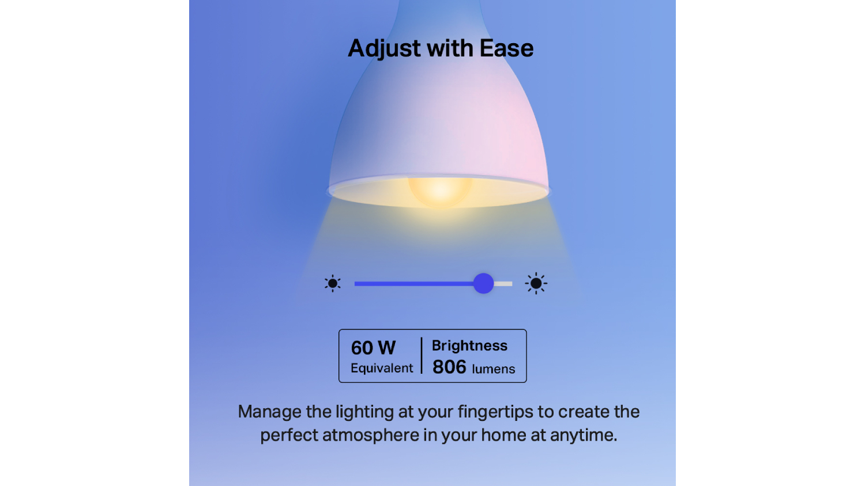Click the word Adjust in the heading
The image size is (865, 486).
384,49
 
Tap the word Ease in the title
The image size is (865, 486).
506,48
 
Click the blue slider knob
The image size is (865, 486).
483,283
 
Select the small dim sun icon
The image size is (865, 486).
333,283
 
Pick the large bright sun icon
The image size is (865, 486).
536,283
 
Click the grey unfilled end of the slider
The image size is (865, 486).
503,284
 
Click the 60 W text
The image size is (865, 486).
373,348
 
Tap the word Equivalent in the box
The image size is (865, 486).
382,369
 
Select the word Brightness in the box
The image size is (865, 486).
469,346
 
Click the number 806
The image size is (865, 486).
449,367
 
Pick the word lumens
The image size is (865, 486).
494,369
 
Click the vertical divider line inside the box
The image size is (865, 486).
422,356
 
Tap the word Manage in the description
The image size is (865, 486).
269,412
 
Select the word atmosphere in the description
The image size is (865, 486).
371,435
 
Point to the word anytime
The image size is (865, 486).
584,436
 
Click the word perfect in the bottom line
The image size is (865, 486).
289,436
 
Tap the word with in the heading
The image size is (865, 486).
450,48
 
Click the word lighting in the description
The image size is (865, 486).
364,412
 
